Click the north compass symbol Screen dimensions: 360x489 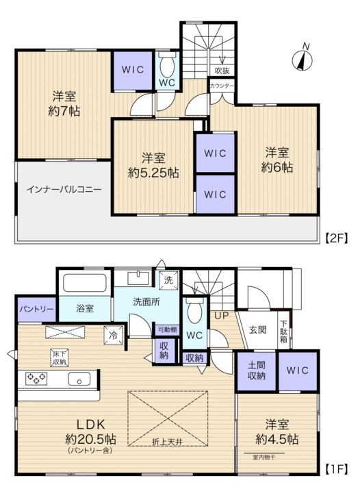[x=302, y=60]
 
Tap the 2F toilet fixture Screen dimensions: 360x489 [x=167, y=65]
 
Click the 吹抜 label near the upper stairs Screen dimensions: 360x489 [x=222, y=71]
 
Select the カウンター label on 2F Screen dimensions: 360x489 [x=222, y=86]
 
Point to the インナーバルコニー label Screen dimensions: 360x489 [x=64, y=189]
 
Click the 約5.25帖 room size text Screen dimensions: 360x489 [x=153, y=173]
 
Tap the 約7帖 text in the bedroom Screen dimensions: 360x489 [x=64, y=111]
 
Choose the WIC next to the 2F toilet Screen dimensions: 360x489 [x=133, y=71]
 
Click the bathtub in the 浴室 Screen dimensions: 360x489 [x=85, y=283]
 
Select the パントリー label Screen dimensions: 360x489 [x=37, y=309]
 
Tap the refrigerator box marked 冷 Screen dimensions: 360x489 [x=113, y=335]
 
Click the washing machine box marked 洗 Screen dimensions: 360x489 [x=168, y=280]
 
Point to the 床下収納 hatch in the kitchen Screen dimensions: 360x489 [x=60, y=358]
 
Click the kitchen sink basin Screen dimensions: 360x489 [x=79, y=379]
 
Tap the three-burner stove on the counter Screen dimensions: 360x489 [x=36, y=378]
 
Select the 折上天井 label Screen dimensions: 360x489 [x=168, y=442]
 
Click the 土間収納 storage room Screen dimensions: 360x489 [x=257, y=371]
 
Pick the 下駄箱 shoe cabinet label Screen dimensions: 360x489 [x=283, y=331]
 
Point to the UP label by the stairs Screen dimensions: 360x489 [x=222, y=316]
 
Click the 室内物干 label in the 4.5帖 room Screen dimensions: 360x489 [x=264, y=457]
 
